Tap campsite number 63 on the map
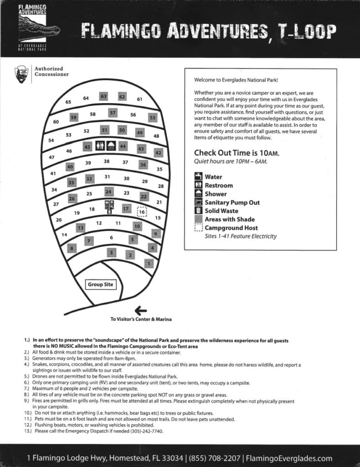pyautogui.click(x=103, y=96)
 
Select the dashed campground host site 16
pyautogui.click(x=142, y=212)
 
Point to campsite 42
pyautogui.click(x=158, y=153)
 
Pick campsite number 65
pyautogui.click(x=68, y=102)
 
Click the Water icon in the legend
pyautogui.click(x=198, y=176)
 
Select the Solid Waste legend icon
pyautogui.click(x=198, y=211)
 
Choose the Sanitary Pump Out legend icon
pyautogui.click(x=198, y=202)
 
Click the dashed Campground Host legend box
pyautogui.click(x=198, y=228)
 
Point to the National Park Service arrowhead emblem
pyautogui.click(x=20, y=73)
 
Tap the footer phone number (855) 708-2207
pyautogui.click(x=215, y=458)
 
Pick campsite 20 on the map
pyautogui.click(x=59, y=220)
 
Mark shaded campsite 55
pyautogui.click(x=153, y=118)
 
